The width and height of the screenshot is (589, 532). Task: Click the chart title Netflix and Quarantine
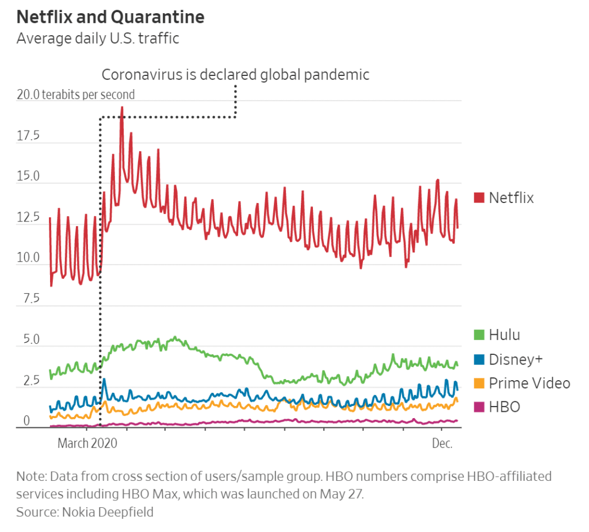coord(110,17)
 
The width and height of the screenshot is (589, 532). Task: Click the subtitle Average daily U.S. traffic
coord(98,39)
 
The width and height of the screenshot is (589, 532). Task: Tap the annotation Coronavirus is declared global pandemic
coord(235,75)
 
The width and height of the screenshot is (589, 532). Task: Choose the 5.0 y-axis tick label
coord(28,340)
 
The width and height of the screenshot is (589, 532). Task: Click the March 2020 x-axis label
coord(87,443)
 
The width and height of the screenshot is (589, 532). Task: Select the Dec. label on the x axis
coord(442,443)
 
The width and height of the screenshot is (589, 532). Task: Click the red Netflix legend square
coord(479,198)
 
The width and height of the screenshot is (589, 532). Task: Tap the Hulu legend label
coord(504,335)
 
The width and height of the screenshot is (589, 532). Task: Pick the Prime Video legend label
coord(529,383)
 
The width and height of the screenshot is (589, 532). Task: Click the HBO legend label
coord(504,407)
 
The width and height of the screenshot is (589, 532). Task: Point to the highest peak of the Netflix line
coord(121,107)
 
